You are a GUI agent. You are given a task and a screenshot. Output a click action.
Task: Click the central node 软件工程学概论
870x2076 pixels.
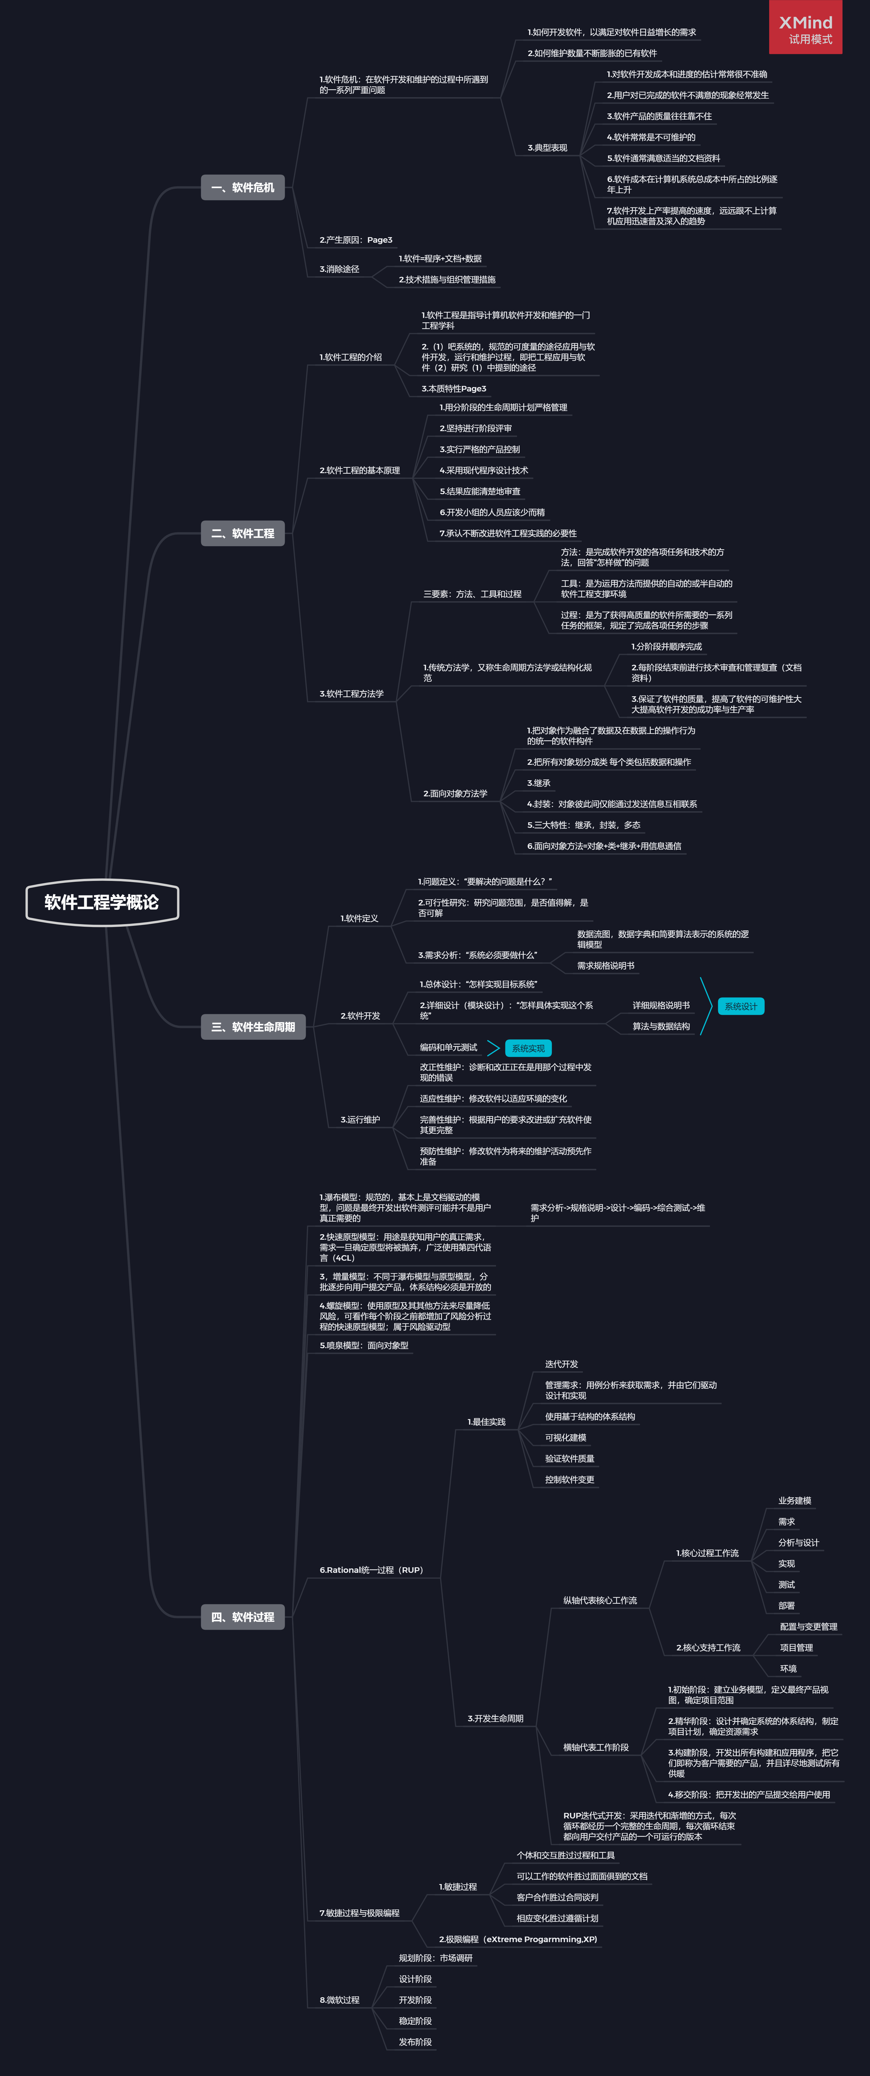(101, 902)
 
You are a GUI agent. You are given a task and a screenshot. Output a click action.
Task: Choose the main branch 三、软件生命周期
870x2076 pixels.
(253, 1027)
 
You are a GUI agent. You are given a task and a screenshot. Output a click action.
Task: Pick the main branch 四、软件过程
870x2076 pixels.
(242, 1617)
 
